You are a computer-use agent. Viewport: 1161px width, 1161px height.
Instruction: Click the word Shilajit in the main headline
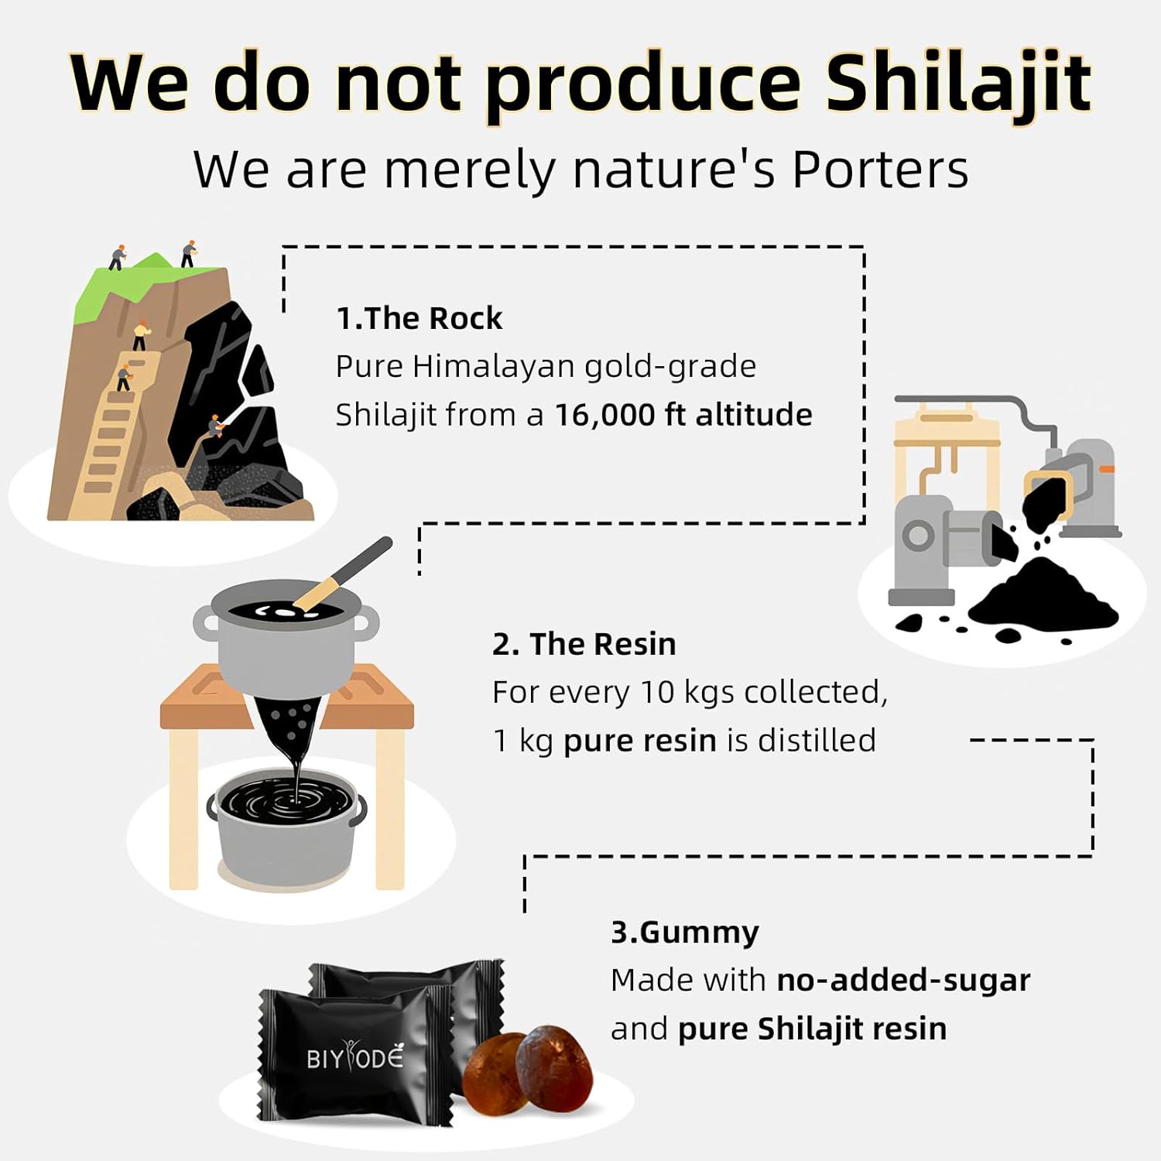958,84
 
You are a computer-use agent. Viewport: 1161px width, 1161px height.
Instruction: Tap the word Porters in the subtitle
880,170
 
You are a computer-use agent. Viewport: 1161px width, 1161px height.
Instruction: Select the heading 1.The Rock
419,318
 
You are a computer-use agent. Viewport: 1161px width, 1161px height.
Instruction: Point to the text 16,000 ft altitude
683,415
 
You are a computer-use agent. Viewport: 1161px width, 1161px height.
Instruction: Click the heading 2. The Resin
584,644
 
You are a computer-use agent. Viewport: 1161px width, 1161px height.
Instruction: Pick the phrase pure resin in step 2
640,741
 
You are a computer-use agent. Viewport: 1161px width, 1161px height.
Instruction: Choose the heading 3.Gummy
684,932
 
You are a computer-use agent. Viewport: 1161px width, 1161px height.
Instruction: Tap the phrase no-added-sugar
903,980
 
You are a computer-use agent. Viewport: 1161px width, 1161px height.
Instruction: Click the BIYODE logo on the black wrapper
355,1057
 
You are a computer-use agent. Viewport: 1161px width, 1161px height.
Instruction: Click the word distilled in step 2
817,741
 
